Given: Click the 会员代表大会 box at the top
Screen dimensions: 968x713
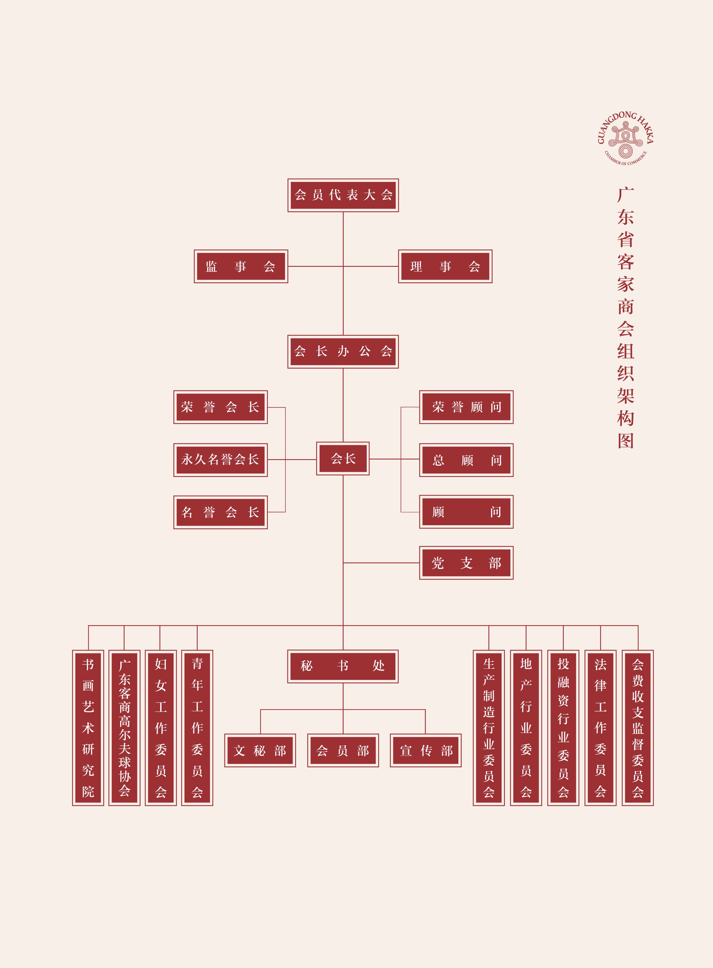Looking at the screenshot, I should (343, 195).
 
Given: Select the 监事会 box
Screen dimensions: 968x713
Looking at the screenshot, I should (241, 267).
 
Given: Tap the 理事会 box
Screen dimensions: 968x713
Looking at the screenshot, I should (445, 267).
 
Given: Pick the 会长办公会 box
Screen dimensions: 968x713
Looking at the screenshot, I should (343, 351).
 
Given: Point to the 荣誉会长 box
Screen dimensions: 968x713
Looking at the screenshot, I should (220, 407).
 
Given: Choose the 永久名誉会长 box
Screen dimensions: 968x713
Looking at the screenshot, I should (220, 460).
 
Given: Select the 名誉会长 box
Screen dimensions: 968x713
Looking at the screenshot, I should (220, 513).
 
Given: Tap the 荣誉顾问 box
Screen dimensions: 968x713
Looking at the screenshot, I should (466, 407).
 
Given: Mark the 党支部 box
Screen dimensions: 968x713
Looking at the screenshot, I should (466, 563).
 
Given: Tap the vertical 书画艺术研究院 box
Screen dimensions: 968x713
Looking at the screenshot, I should (88, 728).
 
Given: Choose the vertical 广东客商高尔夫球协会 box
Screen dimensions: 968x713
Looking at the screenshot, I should (124, 728).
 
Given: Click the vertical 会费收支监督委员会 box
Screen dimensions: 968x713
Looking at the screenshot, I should (637, 728).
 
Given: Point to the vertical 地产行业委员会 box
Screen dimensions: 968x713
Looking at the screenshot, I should (526, 728).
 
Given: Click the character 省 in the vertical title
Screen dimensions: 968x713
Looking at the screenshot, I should (625, 239).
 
